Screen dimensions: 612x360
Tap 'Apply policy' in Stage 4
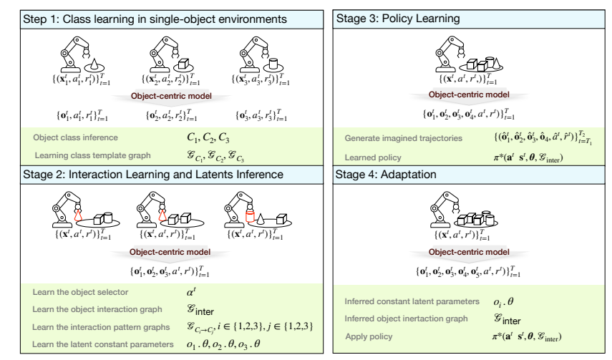tap(366, 335)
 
